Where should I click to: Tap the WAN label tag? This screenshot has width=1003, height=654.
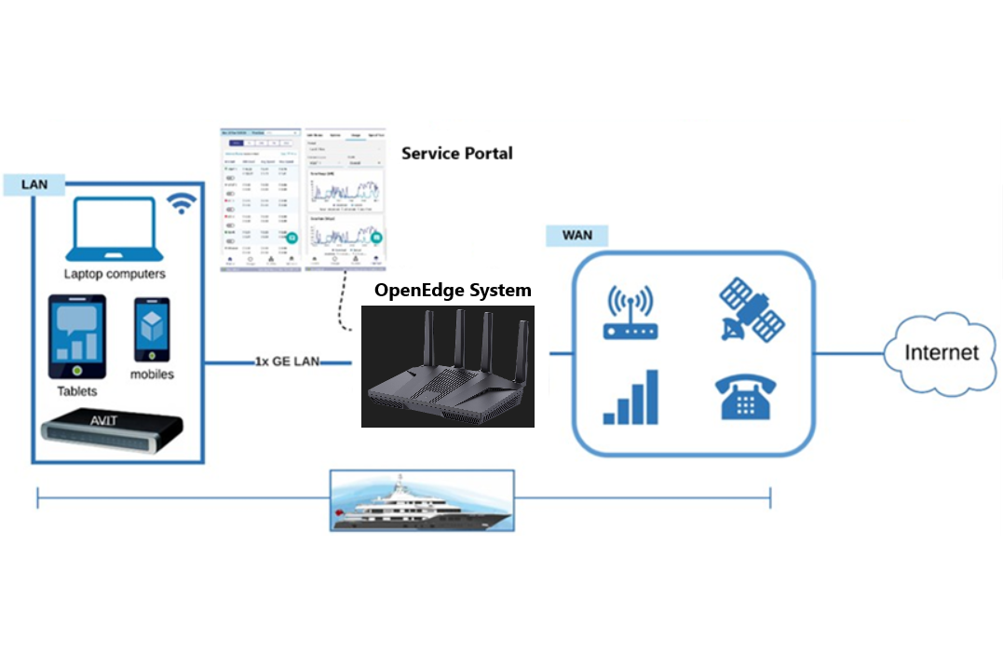pos(577,235)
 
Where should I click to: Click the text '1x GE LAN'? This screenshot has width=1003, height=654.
pos(288,361)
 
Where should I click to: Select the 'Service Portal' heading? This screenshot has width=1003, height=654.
pos(456,153)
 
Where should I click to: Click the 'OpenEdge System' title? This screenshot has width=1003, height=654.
pos(453,291)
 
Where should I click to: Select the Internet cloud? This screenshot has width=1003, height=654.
pos(942,352)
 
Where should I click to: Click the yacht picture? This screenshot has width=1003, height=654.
pos(422,500)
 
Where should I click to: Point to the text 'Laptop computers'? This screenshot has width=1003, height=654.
pos(115,274)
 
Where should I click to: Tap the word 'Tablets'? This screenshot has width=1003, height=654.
pos(77,391)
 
